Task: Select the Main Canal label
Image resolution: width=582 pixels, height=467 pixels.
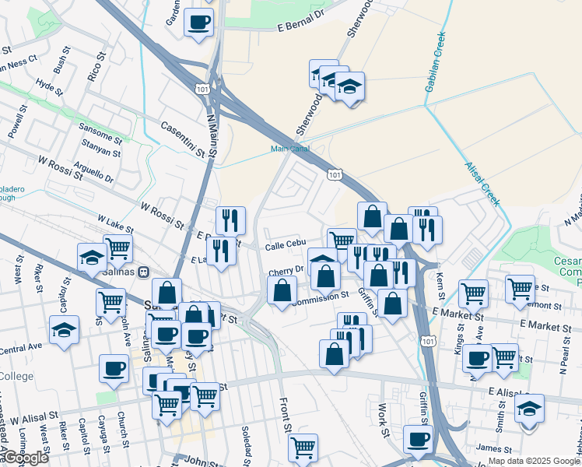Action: click(289, 148)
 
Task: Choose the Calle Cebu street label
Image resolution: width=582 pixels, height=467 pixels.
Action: click(286, 246)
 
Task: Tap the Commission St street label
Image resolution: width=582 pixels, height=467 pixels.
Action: click(320, 297)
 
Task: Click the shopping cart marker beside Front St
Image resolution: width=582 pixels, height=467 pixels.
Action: click(302, 447)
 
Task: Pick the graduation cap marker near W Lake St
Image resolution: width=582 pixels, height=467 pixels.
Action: click(92, 257)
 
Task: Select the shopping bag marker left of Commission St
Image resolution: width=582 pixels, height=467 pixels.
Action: click(282, 291)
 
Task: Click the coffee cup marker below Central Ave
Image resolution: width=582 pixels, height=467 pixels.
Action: click(114, 368)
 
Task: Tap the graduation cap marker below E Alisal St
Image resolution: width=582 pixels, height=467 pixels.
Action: click(529, 408)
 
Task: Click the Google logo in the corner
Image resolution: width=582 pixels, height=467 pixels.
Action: click(25, 458)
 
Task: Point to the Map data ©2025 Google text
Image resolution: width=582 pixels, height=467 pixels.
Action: click(534, 461)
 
